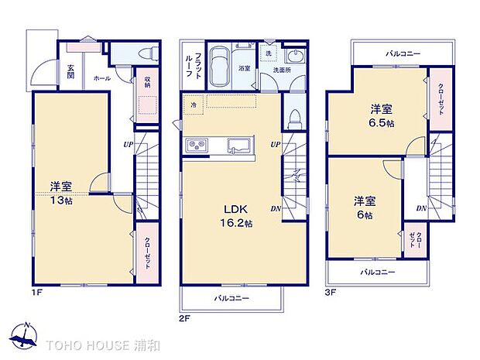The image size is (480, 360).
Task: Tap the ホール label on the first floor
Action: [x=101, y=78]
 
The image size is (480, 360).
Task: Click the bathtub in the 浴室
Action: [x=220, y=61]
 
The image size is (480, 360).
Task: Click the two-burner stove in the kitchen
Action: [x=196, y=146]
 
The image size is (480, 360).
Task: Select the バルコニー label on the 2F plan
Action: [x=230, y=297]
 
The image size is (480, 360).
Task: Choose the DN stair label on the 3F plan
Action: [x=420, y=208]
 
